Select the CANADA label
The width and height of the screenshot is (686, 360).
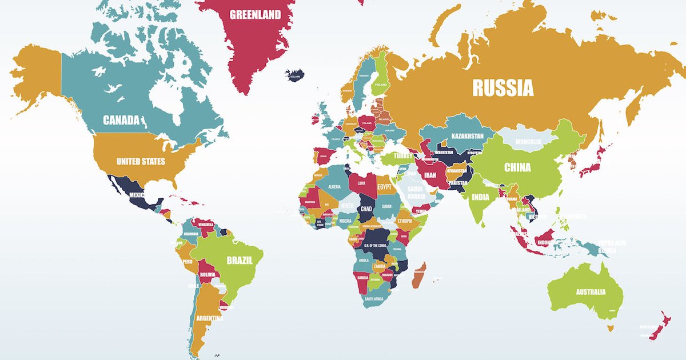coord(121,120)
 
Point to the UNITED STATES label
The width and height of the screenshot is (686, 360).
coord(141,161)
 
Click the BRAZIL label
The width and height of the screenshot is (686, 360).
coord(240,261)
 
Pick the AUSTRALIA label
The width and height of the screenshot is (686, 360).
coord(591,292)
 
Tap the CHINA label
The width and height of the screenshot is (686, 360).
coord(517,167)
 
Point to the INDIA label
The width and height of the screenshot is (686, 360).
coord(480,197)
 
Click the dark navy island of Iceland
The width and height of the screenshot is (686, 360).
coord(295,75)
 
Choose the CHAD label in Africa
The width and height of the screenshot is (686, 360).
coord(366,210)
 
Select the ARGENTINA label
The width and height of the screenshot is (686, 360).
coord(209,318)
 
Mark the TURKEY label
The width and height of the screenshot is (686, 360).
coord(402,155)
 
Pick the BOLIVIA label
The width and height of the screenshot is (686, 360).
coord(208,275)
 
